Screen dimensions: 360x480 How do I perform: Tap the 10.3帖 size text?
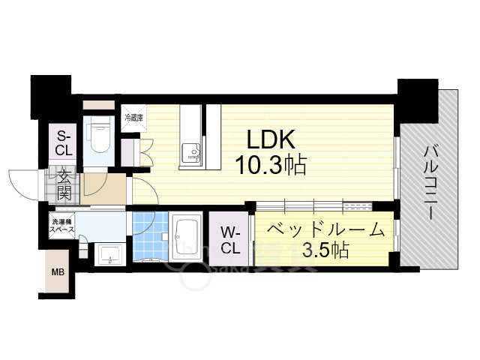[272, 165]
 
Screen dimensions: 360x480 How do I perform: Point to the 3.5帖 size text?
[325, 250]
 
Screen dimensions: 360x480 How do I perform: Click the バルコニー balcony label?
[430, 181]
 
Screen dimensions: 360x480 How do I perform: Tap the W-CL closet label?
[230, 238]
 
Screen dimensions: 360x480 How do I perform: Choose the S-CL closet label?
[63, 142]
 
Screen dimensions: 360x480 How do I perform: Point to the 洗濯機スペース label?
[62, 226]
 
